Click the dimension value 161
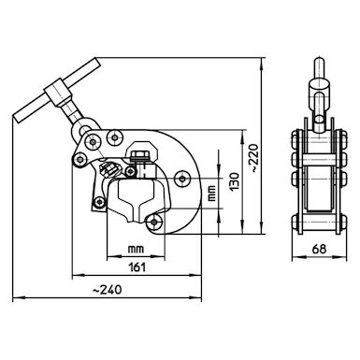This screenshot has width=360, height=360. (136, 267)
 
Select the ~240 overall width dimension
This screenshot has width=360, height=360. (109, 291)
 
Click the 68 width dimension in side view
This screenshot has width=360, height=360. (320, 249)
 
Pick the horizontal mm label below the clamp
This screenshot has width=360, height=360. (137, 250)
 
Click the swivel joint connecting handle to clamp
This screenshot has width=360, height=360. (84, 127)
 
